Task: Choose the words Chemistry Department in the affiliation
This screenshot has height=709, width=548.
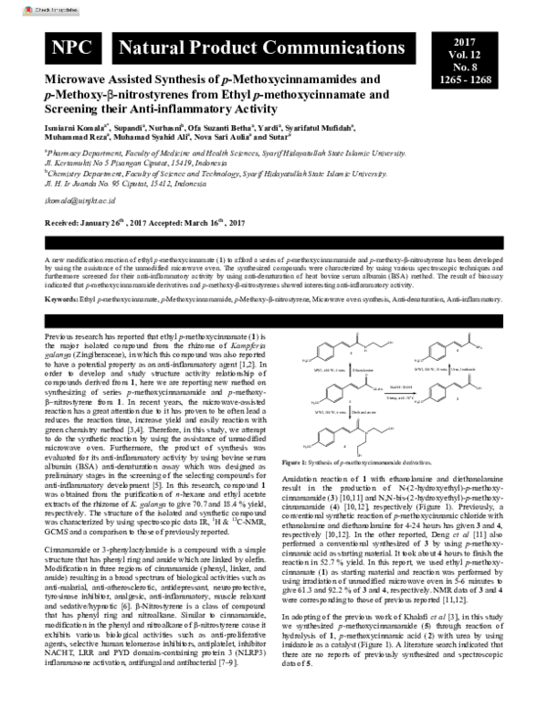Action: (x=82, y=172)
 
